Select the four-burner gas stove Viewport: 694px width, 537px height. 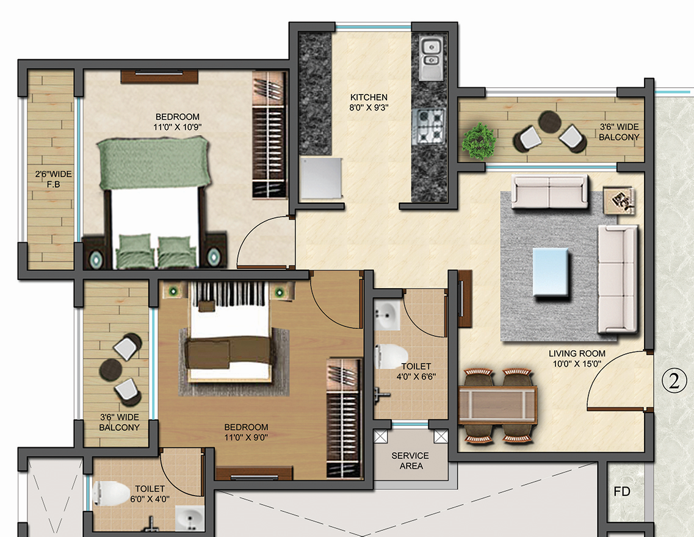[430, 124]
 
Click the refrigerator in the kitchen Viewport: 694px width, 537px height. [320, 178]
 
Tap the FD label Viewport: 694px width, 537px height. [622, 491]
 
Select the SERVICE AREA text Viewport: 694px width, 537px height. [410, 461]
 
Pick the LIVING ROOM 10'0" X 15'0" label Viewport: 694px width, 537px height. [577, 358]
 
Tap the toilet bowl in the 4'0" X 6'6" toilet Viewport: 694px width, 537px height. [391, 357]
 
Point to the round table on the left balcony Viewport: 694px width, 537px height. [111, 369]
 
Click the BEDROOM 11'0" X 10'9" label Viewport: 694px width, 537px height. [177, 121]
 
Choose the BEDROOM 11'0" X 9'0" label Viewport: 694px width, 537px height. [246, 432]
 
